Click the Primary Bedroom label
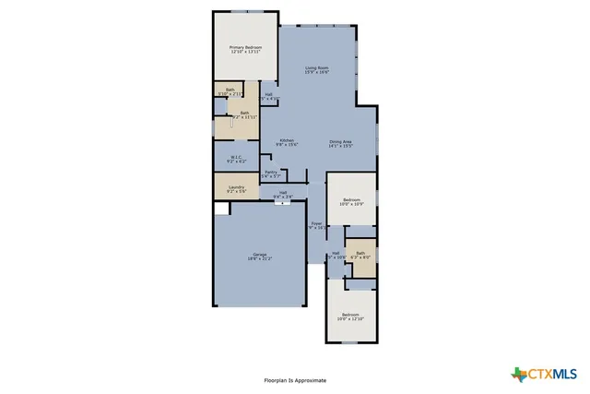coord(245,47)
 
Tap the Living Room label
coord(317,68)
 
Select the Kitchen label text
coord(286,140)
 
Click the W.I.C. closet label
coord(236,157)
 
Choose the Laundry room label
coord(236,188)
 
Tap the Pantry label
coord(271,172)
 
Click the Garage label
coord(259,255)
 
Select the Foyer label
coord(316,223)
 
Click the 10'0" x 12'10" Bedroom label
coord(350,315)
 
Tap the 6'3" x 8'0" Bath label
coord(361,253)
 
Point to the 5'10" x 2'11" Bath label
coord(230,90)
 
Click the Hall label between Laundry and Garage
coord(283,192)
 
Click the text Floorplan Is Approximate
coord(295,379)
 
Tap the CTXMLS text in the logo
coord(552,374)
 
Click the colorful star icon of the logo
coord(517,374)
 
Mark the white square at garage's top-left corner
coord(220,209)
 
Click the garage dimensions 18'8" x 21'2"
coord(259,259)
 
